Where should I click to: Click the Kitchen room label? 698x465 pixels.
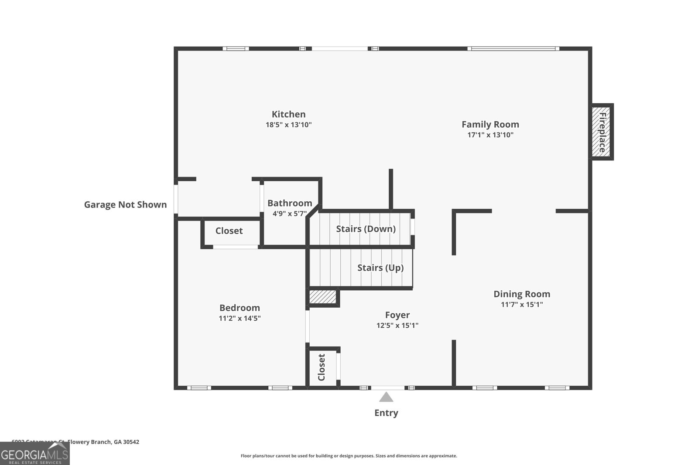pyautogui.click(x=288, y=114)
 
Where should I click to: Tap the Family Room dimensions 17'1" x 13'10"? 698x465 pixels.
pyautogui.click(x=490, y=135)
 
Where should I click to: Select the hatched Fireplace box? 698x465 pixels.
pyautogui.click(x=602, y=132)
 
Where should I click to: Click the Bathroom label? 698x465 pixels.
pyautogui.click(x=290, y=203)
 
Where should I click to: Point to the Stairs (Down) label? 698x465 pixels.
pyautogui.click(x=366, y=229)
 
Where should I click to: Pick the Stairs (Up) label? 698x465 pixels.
pyautogui.click(x=380, y=268)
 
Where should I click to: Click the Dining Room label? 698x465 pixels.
pyautogui.click(x=522, y=294)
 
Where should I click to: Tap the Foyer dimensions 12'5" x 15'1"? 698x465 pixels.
pyautogui.click(x=397, y=326)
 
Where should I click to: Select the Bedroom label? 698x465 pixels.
pyautogui.click(x=240, y=308)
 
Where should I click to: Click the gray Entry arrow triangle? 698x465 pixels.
pyautogui.click(x=386, y=397)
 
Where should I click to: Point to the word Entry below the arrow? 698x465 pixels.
pyautogui.click(x=386, y=413)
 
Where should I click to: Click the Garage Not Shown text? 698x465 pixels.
pyautogui.click(x=125, y=204)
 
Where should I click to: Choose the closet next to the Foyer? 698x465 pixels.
pyautogui.click(x=322, y=367)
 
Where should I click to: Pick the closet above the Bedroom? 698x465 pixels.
pyautogui.click(x=229, y=231)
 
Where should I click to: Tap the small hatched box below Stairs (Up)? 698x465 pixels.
pyautogui.click(x=323, y=297)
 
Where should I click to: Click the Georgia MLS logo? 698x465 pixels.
pyautogui.click(x=34, y=453)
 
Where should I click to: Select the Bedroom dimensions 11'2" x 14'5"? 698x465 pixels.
pyautogui.click(x=240, y=319)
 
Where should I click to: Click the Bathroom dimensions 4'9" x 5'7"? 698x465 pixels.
pyautogui.click(x=290, y=214)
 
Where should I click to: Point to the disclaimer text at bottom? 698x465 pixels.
pyautogui.click(x=349, y=456)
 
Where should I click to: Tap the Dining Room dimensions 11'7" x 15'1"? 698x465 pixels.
pyautogui.click(x=522, y=305)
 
